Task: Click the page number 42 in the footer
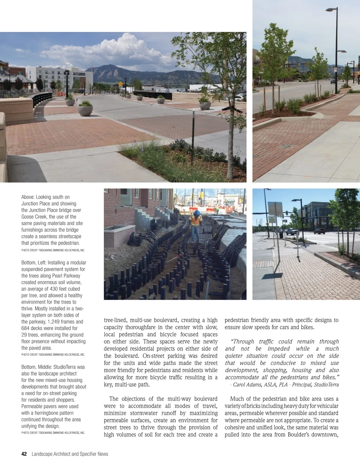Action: click(24, 454)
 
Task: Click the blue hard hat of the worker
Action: click(197, 213)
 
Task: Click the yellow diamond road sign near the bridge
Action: click(120, 84)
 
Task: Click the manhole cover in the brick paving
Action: click(286, 146)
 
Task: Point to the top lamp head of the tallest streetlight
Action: click(331, 10)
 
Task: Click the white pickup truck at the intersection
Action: click(292, 231)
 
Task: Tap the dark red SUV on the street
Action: click(320, 231)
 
